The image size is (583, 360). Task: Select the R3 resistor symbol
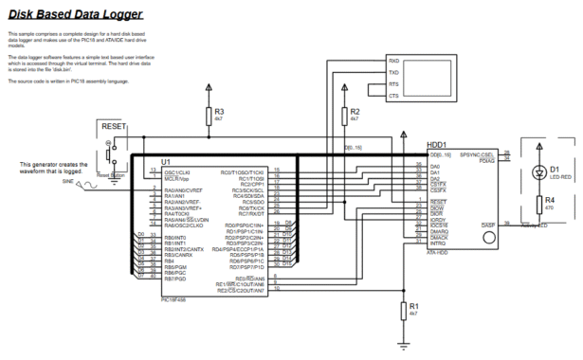pyautogui.click(x=209, y=117)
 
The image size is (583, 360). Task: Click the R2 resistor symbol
pyautogui.click(x=342, y=116)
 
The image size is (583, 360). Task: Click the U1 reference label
pyautogui.click(x=166, y=162)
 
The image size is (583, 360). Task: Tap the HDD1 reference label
pyautogui.click(x=439, y=145)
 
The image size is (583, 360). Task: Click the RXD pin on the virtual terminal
pyautogui.click(x=393, y=61)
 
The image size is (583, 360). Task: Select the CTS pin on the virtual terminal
pyautogui.click(x=393, y=96)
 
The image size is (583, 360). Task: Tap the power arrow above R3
pyautogui.click(x=209, y=87)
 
